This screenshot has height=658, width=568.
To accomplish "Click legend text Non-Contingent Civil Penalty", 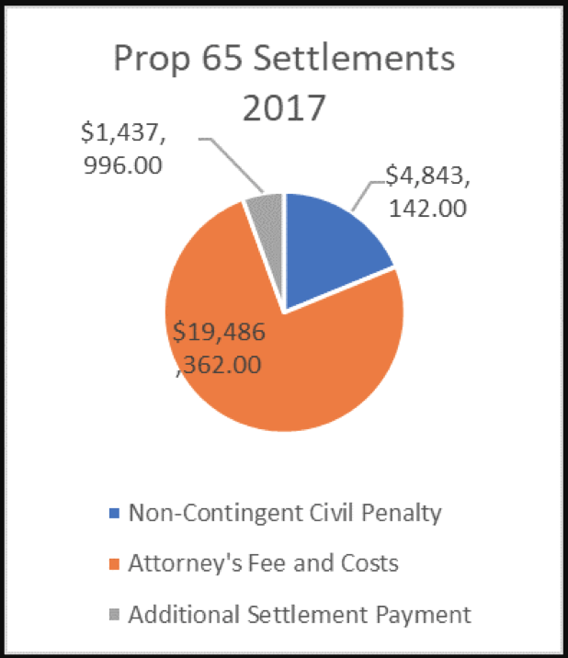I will (x=285, y=512).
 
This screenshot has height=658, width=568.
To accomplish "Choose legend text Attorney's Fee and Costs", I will (x=264, y=562).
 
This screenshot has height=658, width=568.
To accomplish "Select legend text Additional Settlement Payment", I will (x=300, y=613).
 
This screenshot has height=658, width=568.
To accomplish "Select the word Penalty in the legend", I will (x=403, y=512).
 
